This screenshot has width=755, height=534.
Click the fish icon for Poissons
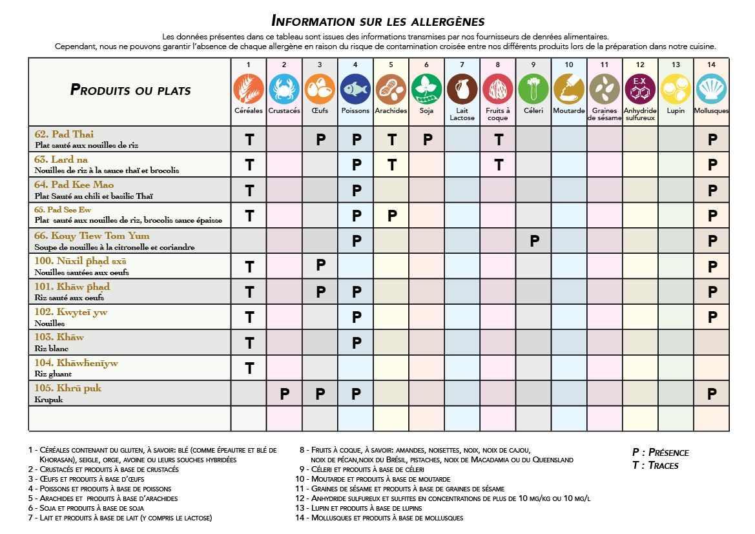355,89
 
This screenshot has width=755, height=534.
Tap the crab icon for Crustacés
284,89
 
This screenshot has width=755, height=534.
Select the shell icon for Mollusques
712,89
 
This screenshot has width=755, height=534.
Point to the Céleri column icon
533,89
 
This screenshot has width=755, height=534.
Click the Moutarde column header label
569,110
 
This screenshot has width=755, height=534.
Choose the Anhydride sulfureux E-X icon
640,89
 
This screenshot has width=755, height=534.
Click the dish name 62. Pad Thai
64,134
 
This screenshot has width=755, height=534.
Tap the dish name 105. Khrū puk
68,388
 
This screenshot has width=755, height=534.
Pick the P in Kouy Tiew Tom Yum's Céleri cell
534,241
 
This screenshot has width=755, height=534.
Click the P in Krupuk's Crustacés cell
284,394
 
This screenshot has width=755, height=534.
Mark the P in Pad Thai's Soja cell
427,139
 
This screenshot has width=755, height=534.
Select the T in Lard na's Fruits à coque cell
498,165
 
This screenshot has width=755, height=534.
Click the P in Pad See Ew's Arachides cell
391,216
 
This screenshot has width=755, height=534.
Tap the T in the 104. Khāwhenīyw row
249,368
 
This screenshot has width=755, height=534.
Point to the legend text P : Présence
660,452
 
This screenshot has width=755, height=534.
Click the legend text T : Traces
655,465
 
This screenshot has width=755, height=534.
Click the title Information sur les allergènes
378,21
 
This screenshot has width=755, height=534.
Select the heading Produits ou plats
130,90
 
